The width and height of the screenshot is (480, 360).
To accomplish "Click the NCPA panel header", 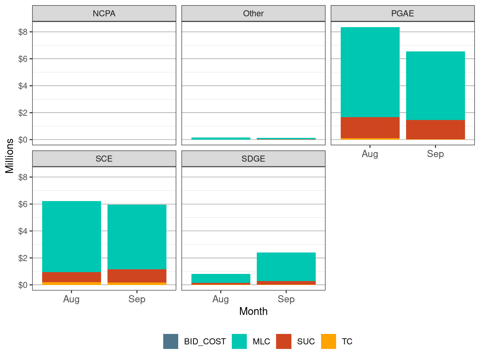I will (104, 14).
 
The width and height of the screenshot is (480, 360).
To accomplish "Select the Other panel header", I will (253, 14).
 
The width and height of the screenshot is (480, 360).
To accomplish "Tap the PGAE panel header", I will (402, 14).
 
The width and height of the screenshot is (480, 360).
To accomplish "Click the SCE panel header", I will (104, 159).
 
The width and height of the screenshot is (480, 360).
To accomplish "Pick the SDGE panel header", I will (253, 159).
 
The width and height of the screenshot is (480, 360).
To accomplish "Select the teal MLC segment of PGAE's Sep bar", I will (435, 86).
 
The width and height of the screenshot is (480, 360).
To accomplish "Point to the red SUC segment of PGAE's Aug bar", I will (370, 127).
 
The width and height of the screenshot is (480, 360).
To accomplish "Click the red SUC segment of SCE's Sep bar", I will (137, 276).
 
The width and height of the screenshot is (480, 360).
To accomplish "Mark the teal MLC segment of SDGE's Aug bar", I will (221, 278).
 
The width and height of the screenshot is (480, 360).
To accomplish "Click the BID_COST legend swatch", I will (171, 341).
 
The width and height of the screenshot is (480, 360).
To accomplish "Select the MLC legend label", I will (261, 342).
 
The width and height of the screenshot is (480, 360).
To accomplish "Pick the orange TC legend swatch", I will (329, 341).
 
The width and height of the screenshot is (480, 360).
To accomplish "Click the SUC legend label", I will (306, 342).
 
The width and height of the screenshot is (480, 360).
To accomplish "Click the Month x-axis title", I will (253, 311).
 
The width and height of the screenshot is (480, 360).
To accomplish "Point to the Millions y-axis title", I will (10, 156).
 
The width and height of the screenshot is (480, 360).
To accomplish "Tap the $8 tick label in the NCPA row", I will (23, 32).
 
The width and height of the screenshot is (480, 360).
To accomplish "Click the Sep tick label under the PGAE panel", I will (435, 154).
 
